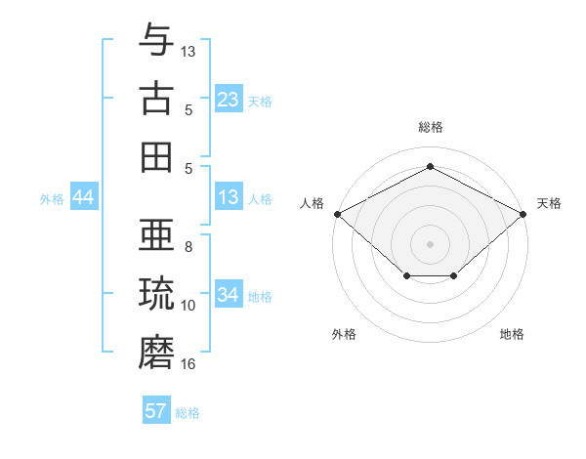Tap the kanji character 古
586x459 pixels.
click(x=156, y=99)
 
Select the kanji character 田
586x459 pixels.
click(x=156, y=157)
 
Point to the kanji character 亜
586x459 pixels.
click(x=156, y=235)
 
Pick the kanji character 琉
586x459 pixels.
click(x=156, y=294)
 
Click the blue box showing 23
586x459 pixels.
click(x=229, y=100)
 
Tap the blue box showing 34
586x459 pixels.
click(x=229, y=295)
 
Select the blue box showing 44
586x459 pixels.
click(x=84, y=197)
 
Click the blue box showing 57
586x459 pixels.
click(x=156, y=411)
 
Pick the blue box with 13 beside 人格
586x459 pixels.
click(x=229, y=197)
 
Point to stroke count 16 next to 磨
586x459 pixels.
click(x=188, y=364)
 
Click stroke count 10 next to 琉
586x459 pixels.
click(x=188, y=306)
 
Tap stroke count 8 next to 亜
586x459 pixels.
click(x=188, y=247)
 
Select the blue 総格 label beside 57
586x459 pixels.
click(x=188, y=413)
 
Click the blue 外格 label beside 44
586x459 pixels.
click(x=52, y=199)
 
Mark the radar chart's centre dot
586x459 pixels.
click(x=430, y=242)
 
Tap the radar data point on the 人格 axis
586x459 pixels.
click(x=337, y=213)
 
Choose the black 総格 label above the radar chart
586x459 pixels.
click(x=430, y=128)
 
